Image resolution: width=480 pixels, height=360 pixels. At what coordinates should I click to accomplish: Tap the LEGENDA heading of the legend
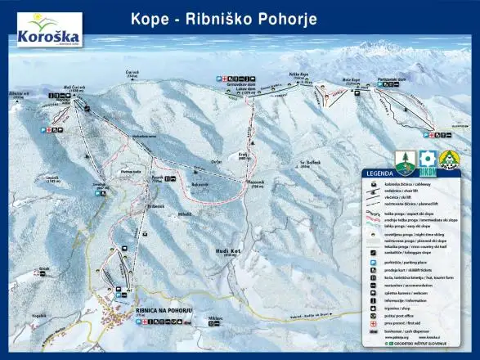(381, 173)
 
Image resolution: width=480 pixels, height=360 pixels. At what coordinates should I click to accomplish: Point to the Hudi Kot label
(228, 251)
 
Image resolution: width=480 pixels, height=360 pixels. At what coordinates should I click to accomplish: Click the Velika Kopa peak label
(299, 76)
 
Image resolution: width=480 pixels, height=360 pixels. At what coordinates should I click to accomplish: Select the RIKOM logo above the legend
(427, 160)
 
